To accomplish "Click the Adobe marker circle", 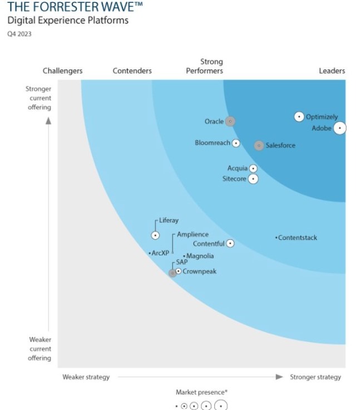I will [339, 129].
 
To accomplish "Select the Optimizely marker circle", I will [299, 117].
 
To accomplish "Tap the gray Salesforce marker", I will [259, 145].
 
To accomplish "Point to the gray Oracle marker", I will [230, 121].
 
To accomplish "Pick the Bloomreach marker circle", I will [236, 143].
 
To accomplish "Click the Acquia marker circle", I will [253, 168].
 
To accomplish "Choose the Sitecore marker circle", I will [253, 179].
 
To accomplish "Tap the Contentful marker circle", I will [230, 244].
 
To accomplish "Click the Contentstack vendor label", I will [297, 238].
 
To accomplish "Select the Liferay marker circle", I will [156, 235].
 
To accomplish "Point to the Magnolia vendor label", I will [200, 256].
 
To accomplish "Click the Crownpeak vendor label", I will [199, 271].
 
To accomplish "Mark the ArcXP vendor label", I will [160, 253].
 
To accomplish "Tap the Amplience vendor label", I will [193, 235].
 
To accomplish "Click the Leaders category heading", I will [332, 71].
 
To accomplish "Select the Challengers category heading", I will [62, 71].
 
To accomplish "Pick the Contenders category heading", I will [132, 71].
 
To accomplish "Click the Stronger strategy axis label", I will [315, 377].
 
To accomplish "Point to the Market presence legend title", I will [201, 392].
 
